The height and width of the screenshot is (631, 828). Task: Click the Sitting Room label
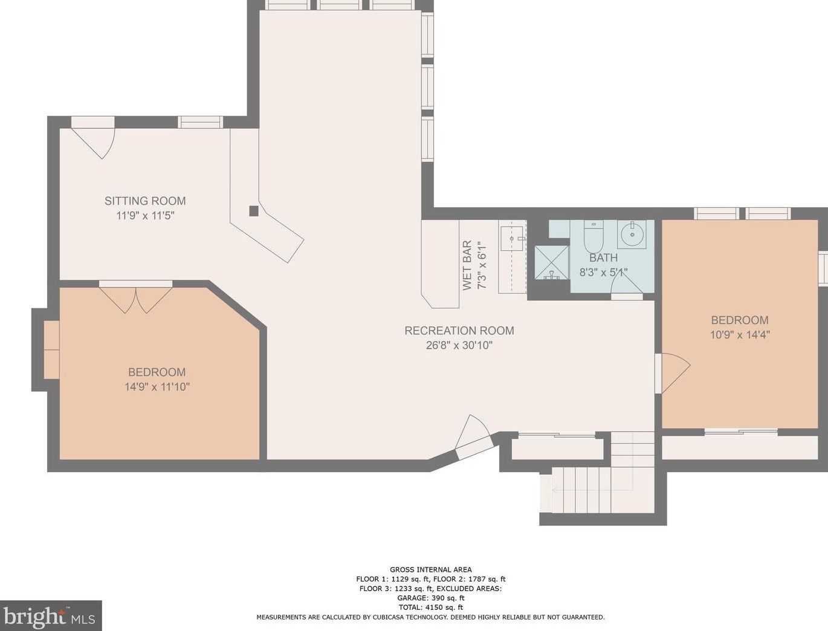click(145, 201)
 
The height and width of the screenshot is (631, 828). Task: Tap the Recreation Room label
click(459, 331)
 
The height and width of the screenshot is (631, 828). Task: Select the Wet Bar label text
click(467, 265)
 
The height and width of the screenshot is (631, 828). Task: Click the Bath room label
click(604, 257)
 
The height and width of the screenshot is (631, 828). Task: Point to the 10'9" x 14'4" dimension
click(740, 335)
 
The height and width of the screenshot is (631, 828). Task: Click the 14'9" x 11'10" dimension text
click(157, 387)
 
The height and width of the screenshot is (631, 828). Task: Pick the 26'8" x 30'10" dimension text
click(459, 345)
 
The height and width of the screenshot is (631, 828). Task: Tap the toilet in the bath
click(594, 236)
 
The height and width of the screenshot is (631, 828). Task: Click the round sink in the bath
click(632, 235)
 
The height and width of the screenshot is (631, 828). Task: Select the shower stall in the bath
click(552, 262)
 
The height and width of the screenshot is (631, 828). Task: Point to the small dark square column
click(254, 211)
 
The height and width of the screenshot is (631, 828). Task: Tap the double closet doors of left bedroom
click(135, 300)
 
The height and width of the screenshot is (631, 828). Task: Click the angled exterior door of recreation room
click(473, 437)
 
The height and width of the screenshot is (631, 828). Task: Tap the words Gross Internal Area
click(431, 570)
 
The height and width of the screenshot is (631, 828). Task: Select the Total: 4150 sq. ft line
click(431, 607)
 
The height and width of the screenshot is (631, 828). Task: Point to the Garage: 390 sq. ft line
click(431, 598)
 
